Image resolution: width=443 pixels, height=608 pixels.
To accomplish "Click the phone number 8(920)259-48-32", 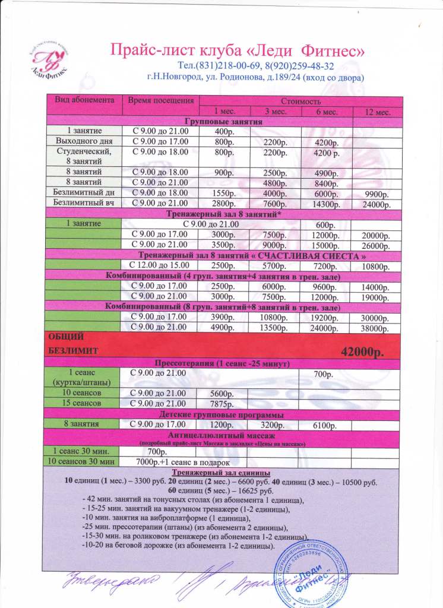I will click(x=299, y=66).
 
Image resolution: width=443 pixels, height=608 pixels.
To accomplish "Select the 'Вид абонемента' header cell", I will click(x=85, y=100).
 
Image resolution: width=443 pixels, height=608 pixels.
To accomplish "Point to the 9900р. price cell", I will click(x=374, y=194).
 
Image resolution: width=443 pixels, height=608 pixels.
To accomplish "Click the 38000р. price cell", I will click(x=374, y=327).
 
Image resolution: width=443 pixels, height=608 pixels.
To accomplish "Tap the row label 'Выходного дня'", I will click(x=84, y=141).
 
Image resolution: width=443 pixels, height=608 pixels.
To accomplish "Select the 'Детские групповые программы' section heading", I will click(x=221, y=414).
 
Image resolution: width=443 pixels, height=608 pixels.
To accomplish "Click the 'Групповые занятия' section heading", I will click(x=222, y=121).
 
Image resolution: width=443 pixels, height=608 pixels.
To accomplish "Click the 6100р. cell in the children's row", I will click(x=325, y=425).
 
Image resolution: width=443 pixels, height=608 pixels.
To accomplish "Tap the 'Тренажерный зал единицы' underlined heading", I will click(x=221, y=471).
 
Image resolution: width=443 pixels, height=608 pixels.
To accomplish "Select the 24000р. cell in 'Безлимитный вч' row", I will click(x=374, y=204).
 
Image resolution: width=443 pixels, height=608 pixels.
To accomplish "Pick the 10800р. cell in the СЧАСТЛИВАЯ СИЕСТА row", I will click(x=374, y=265).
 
